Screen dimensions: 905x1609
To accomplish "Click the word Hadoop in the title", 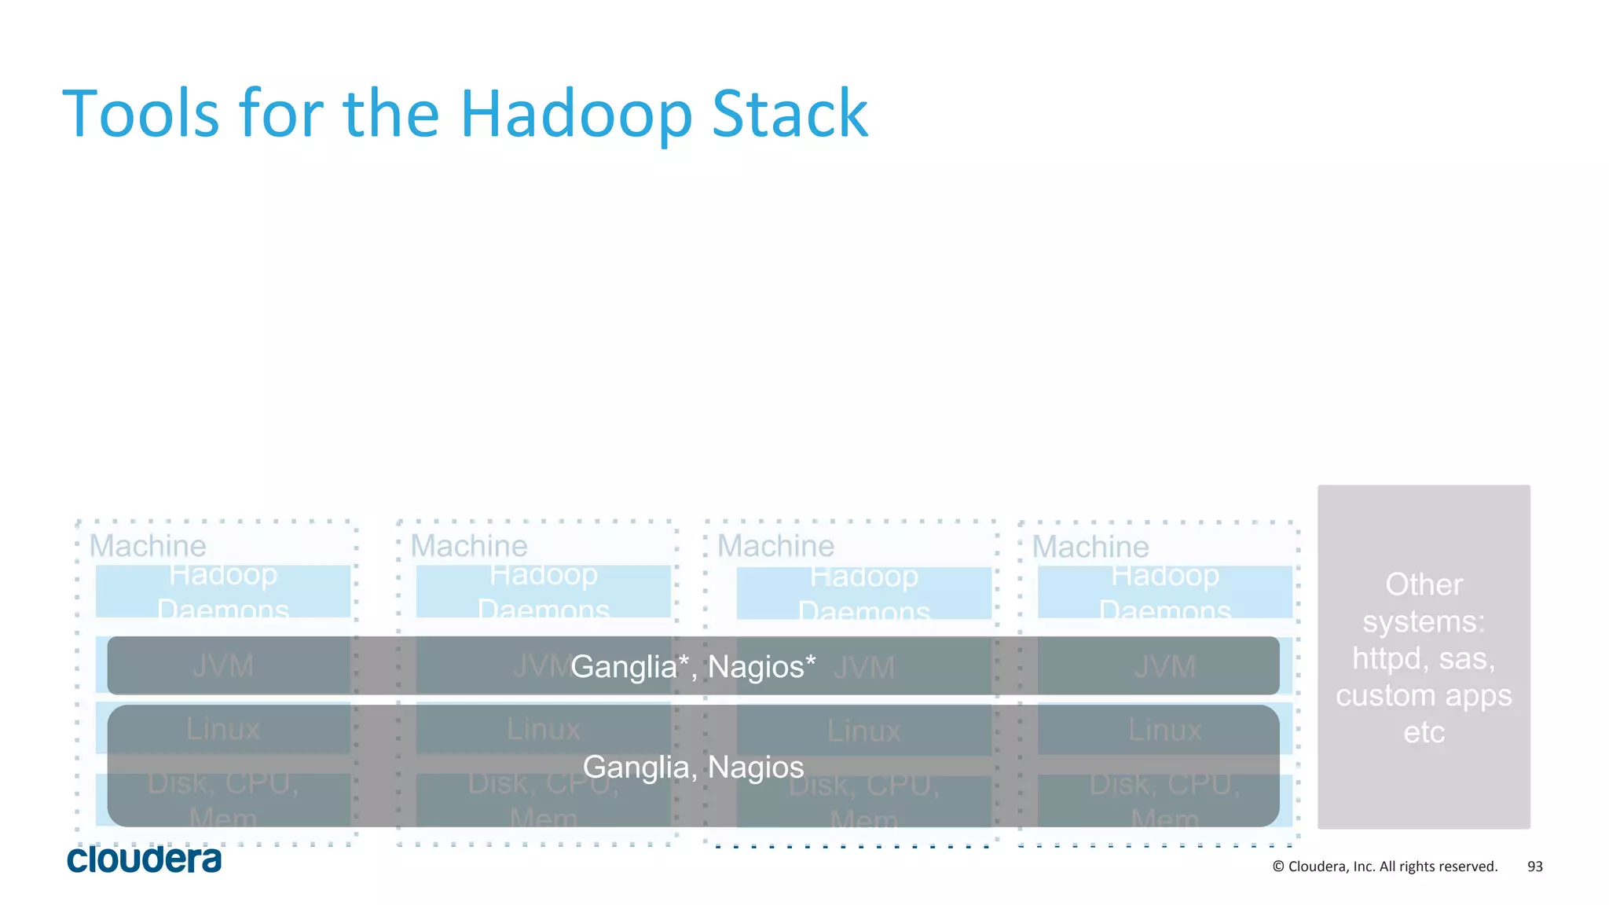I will coord(576,115).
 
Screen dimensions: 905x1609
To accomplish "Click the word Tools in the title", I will coord(141,115).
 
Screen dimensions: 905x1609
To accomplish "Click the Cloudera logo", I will coord(144,859).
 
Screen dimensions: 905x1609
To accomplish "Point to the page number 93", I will coord(1534,867).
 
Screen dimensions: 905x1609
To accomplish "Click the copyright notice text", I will coord(1384,867).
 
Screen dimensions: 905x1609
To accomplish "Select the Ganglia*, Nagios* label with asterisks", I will coord(692,667).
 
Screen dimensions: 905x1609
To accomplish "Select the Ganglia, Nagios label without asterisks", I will coord(692,767).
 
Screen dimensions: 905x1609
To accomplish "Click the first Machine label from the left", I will coord(148,546).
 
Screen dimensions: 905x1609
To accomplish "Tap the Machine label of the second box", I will coord(469,546).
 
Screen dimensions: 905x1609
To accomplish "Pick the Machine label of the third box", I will coord(775,546).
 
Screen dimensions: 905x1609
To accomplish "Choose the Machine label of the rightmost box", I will coord(1090,547).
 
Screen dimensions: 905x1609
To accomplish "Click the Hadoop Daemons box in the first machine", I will coord(223,592).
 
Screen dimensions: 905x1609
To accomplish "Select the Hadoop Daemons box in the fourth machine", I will coord(1164,592).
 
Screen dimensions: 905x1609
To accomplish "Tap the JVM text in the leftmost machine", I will coord(223,666).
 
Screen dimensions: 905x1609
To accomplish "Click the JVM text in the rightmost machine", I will coord(1164,667).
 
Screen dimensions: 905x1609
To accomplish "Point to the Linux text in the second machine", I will coord(543,730).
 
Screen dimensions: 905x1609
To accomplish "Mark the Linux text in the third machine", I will coord(863,731).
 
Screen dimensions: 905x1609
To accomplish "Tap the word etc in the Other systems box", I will coord(1424,732).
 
